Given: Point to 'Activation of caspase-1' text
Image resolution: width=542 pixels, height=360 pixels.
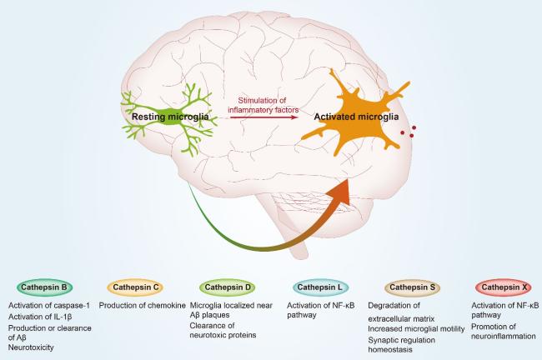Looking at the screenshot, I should click(47, 306).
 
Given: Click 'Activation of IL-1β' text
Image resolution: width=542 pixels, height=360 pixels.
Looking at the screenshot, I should click(40, 317).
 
